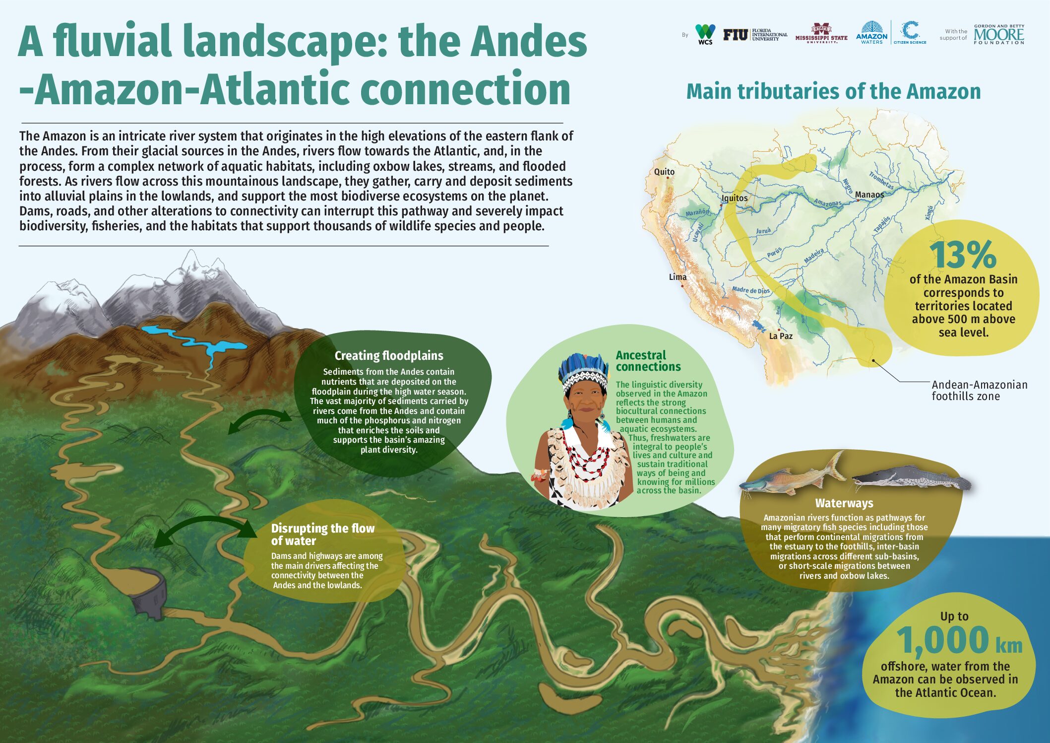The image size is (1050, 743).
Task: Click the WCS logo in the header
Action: click(x=705, y=34)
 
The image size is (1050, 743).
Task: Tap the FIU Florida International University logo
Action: click(x=754, y=35)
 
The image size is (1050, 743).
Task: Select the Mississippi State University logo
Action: click(x=821, y=34)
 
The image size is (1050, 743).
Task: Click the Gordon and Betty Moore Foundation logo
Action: click(x=998, y=34)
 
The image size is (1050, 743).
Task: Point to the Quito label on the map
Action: click(x=664, y=172)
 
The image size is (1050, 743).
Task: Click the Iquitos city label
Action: click(x=735, y=198)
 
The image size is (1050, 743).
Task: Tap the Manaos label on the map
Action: click(x=869, y=195)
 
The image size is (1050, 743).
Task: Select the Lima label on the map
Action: click(x=678, y=277)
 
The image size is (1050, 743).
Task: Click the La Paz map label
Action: click(x=781, y=336)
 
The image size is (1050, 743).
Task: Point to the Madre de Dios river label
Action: click(x=750, y=290)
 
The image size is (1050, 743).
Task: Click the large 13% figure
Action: click(x=962, y=255)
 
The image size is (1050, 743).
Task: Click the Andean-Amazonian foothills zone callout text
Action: click(x=979, y=390)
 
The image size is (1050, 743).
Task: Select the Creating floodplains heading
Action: click(x=388, y=355)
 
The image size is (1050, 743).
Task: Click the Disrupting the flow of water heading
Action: click(x=322, y=534)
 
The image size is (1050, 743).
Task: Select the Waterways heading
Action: click(x=844, y=503)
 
